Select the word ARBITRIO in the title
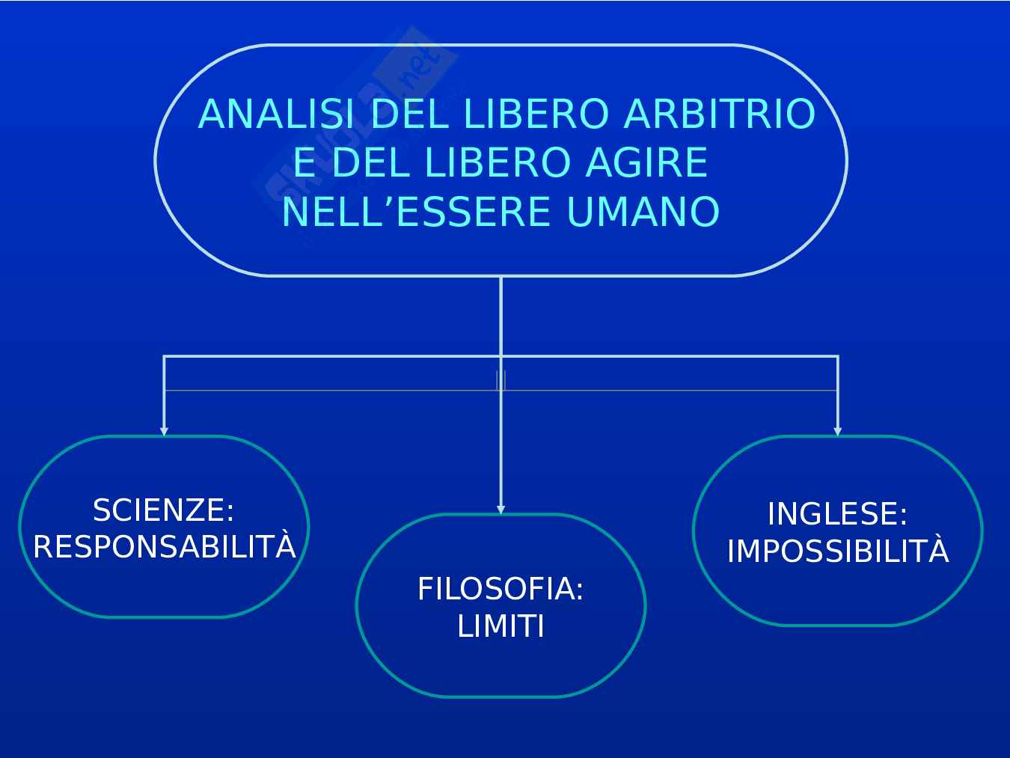(719, 114)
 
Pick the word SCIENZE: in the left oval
(163, 510)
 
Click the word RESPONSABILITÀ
(165, 548)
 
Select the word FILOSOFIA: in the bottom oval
(501, 589)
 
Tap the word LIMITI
(501, 626)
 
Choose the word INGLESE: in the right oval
(837, 514)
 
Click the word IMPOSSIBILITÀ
(838, 551)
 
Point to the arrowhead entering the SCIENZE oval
(164, 431)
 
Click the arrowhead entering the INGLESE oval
(837, 431)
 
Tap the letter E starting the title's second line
(303, 163)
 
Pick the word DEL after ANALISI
(409, 114)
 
